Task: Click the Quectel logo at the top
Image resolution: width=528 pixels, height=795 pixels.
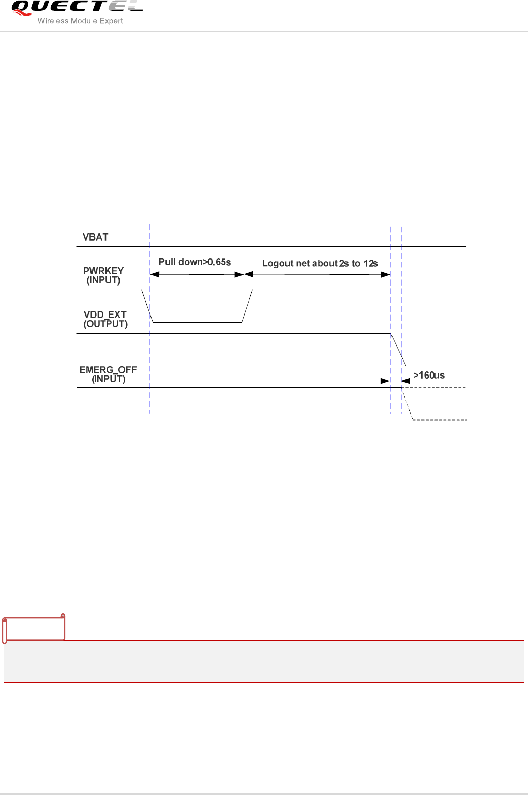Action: point(77,8)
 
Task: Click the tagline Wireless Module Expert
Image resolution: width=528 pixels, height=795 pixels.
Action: point(80,21)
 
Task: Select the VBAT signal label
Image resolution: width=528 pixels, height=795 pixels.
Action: point(96,237)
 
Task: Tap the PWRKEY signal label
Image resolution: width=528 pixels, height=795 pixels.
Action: point(103,271)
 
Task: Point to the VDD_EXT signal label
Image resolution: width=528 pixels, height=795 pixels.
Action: point(105,315)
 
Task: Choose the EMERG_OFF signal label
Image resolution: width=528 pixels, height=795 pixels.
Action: point(108,370)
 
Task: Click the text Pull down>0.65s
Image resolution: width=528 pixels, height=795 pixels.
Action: point(194,262)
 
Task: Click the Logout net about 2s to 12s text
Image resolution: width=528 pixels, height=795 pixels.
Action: point(320,263)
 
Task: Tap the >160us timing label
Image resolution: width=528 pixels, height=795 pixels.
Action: point(429,376)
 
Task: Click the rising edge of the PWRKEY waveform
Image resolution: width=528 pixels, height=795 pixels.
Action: point(248,306)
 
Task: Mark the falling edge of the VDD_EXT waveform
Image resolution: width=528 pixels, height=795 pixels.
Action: point(398,350)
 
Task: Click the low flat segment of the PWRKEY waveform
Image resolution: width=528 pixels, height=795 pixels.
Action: point(197,322)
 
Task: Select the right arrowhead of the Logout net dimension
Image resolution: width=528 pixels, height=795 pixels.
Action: point(386,275)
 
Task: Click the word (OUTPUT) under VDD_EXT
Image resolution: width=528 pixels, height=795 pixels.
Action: point(105,324)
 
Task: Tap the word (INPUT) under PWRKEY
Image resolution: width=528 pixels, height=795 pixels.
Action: point(103,280)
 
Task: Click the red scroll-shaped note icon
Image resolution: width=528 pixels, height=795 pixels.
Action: point(34,628)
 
